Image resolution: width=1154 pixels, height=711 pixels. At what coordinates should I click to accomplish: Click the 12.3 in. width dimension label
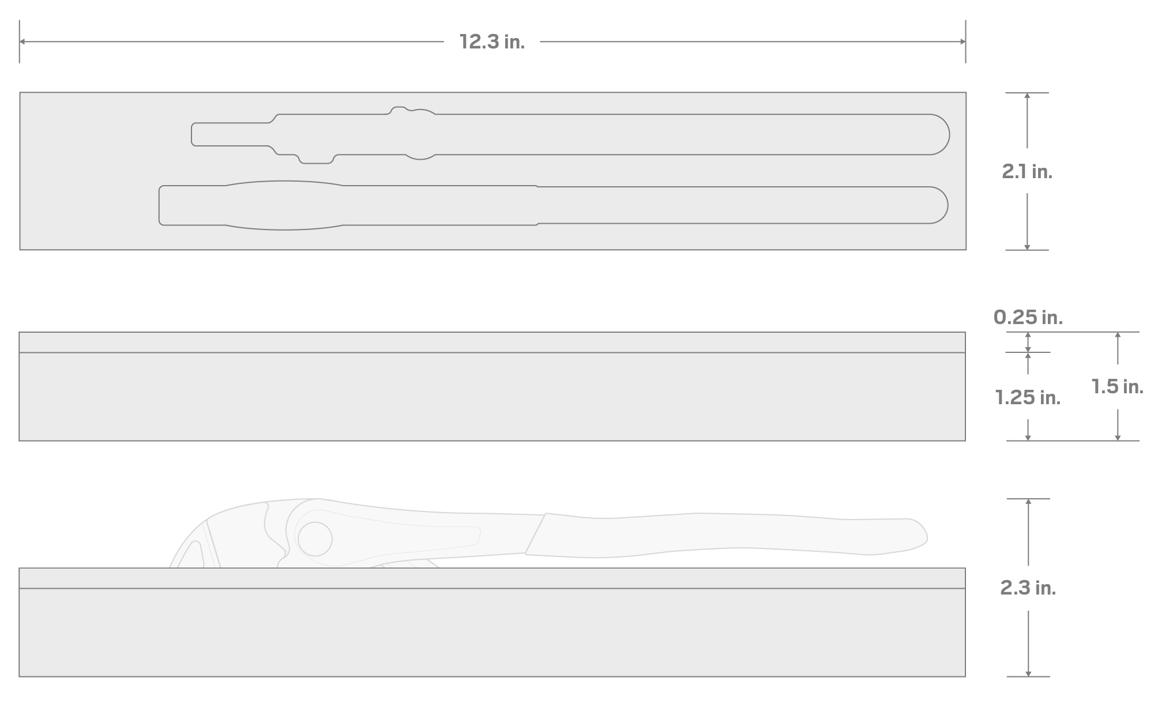point(492,42)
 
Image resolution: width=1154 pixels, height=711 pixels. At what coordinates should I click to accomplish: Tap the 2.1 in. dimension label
point(1027,171)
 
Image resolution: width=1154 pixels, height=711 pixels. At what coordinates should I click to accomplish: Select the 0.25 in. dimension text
point(1028,317)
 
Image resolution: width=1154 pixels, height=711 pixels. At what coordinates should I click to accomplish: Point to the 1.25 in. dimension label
point(1028,397)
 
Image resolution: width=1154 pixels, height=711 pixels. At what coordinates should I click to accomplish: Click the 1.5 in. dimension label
point(1117,386)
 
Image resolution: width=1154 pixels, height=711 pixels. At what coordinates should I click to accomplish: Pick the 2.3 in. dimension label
point(1028,588)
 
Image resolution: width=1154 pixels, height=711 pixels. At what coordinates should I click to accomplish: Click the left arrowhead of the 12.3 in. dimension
point(22,42)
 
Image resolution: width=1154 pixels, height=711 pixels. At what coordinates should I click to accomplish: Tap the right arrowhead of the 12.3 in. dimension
point(963,42)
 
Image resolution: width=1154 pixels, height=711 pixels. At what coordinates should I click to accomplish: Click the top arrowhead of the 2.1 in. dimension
point(1027,96)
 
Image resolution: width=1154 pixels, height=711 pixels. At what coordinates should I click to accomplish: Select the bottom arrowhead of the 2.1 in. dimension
point(1027,247)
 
